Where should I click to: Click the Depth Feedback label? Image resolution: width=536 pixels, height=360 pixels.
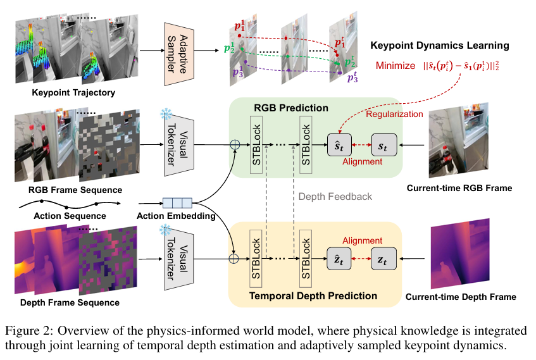(335, 197)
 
